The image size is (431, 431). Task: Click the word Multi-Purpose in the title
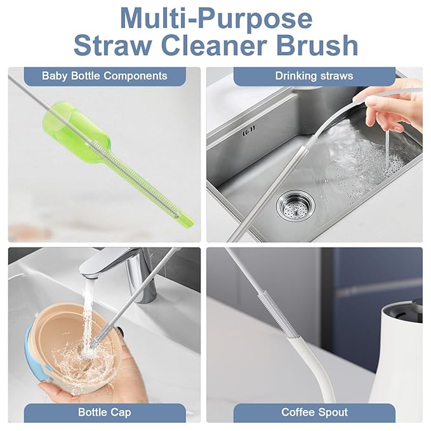click(215, 18)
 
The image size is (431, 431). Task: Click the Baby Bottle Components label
click(104, 76)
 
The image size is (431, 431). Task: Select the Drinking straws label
click(314, 76)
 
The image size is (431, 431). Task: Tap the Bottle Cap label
click(104, 413)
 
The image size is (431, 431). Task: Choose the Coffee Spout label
click(314, 413)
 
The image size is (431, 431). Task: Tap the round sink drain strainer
click(294, 205)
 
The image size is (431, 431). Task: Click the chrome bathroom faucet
click(127, 267)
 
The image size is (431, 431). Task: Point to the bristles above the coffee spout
click(262, 311)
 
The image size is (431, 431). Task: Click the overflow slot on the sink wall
click(249, 132)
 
